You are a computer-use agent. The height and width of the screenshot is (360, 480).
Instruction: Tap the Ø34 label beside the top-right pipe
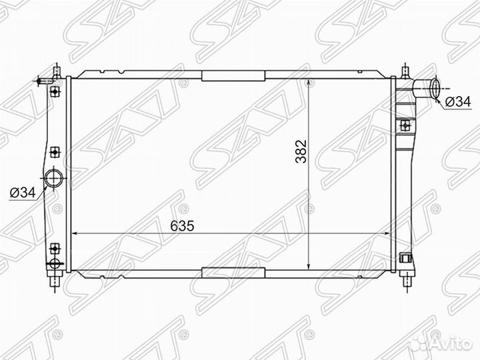(x=457, y=101)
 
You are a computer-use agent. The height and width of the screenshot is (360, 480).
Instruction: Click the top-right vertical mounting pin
(x=405, y=72)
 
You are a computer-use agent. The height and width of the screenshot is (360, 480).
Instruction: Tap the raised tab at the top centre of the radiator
(x=233, y=76)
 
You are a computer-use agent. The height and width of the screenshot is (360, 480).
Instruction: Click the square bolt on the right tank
(x=404, y=125)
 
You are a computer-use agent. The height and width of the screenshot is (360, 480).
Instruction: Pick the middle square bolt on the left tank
(x=55, y=153)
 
